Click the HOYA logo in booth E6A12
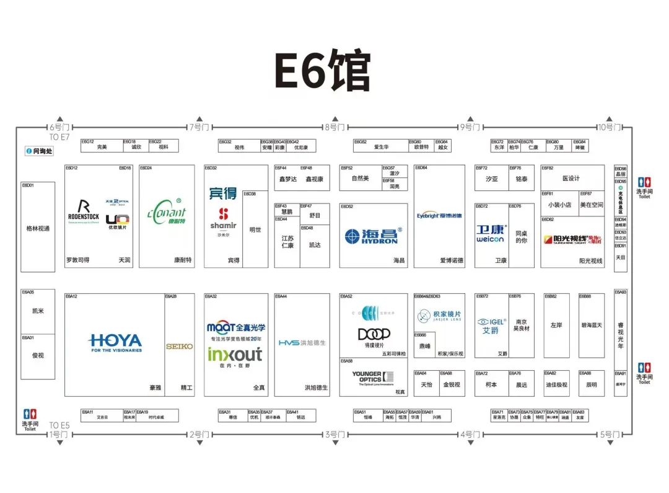coord(115,342)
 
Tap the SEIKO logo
coord(179,346)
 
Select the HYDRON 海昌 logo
coord(374,236)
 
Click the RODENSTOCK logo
coord(84,212)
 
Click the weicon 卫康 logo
coord(491,234)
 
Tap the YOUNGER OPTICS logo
coord(372,377)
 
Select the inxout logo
coord(235,355)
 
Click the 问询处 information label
coord(39,151)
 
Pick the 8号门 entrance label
coord(334,127)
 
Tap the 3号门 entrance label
coord(334,434)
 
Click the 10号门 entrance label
coord(609,127)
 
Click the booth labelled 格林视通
coord(38,228)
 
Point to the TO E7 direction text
coord(59,136)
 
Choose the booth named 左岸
coord(556,325)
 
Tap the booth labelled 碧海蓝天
coord(591,325)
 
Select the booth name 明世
coord(255,229)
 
